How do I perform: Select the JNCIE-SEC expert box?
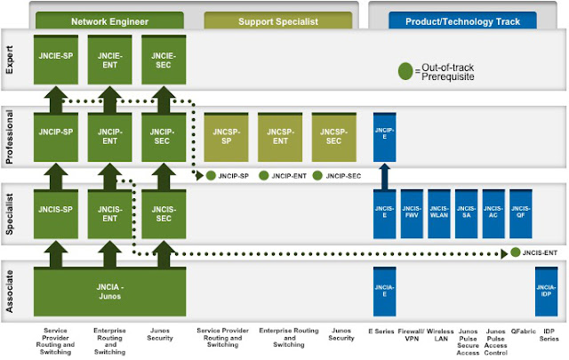(x=164, y=57)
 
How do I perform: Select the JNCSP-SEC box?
(x=333, y=131)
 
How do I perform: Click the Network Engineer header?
(x=110, y=20)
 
